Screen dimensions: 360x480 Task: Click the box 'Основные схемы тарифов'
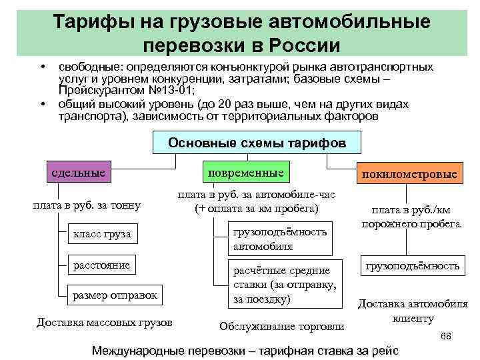click(x=257, y=143)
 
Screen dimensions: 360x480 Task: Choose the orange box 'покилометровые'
click(x=410, y=175)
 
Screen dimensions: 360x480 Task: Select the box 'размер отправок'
click(x=115, y=294)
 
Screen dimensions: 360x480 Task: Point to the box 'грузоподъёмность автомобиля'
click(x=280, y=239)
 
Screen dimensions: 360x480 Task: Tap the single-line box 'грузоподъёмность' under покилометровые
click(x=411, y=266)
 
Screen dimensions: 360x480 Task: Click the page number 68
click(x=446, y=337)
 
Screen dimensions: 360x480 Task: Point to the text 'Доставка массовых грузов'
click(x=105, y=323)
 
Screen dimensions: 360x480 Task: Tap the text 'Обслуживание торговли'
click(x=282, y=327)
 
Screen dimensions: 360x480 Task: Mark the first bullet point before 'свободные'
click(x=41, y=68)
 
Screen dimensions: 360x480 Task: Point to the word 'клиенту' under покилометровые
click(x=413, y=319)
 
